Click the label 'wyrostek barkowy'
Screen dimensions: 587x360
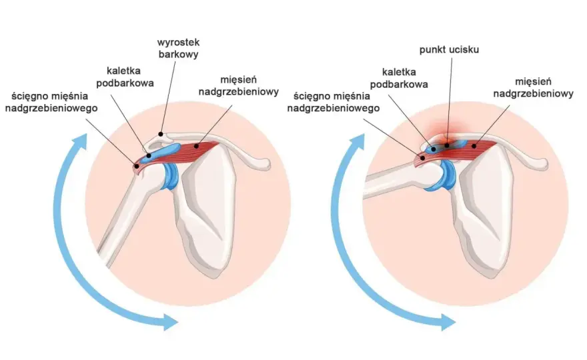[178, 48]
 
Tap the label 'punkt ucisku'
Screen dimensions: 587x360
[449, 50]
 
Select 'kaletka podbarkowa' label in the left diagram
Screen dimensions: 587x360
[125, 77]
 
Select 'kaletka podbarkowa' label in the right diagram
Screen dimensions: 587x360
[399, 78]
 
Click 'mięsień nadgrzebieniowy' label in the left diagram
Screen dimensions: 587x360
[239, 86]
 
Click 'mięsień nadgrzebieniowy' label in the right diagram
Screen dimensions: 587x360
[533, 87]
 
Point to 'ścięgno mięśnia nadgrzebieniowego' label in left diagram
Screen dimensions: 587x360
[51, 102]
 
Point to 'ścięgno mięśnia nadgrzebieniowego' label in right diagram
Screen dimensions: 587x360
[333, 102]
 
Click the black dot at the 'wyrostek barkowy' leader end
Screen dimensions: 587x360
[161, 133]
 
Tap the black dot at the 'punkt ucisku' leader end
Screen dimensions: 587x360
[447, 145]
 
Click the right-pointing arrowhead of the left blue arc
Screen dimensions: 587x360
[169, 322]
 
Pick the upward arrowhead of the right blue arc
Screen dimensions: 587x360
[357, 143]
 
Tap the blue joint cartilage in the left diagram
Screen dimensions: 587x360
[170, 176]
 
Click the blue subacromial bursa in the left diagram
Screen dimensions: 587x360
[161, 151]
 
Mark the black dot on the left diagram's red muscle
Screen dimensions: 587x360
[196, 147]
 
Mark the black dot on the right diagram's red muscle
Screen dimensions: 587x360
[474, 146]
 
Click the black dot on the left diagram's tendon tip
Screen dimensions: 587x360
[137, 165]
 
